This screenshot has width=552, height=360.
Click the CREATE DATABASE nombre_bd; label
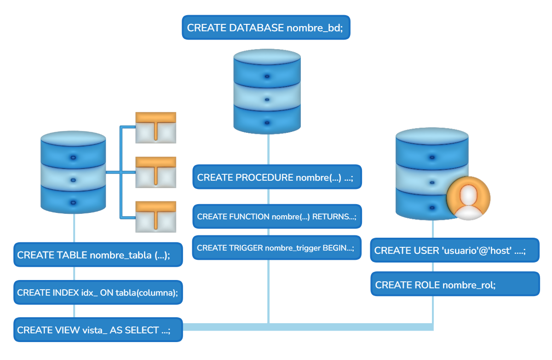click(x=265, y=28)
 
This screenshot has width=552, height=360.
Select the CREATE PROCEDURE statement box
click(x=276, y=177)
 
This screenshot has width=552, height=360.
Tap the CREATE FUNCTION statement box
click(x=276, y=217)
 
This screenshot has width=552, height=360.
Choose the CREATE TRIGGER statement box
click(x=276, y=248)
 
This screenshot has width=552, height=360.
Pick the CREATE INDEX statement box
click(x=98, y=292)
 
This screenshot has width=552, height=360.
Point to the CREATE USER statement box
click(x=454, y=251)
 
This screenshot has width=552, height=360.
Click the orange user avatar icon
click(x=468, y=198)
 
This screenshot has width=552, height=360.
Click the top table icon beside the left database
click(x=156, y=126)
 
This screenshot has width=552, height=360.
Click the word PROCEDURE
click(x=264, y=177)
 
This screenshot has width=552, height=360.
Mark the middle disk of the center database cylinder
click(x=267, y=98)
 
